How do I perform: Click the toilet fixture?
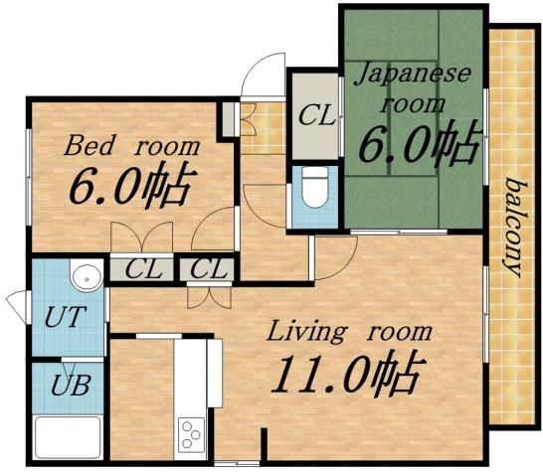click(x=314, y=189)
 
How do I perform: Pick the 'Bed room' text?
click(x=132, y=147)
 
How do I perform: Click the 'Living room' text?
click(x=349, y=332)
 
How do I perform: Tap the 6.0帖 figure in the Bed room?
click(x=129, y=186)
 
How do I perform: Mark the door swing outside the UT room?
click(x=17, y=302)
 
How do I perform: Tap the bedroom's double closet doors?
click(x=141, y=238)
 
